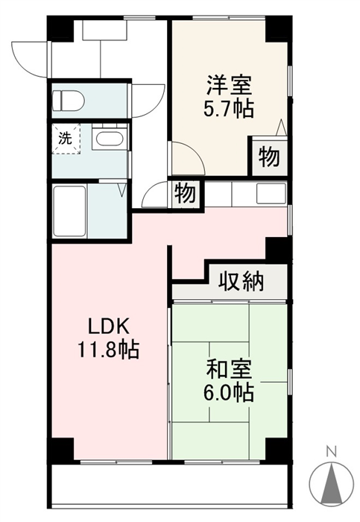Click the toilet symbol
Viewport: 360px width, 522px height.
click(69, 100)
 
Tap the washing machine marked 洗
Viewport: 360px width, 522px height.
click(66, 139)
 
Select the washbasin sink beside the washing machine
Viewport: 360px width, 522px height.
click(109, 138)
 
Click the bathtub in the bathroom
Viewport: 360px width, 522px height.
click(69, 211)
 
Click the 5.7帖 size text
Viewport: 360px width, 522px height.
click(229, 109)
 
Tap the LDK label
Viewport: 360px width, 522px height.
click(109, 327)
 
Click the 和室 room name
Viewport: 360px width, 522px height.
click(230, 369)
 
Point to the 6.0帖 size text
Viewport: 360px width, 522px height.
click(230, 393)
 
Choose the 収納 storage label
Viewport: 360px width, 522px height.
click(241, 282)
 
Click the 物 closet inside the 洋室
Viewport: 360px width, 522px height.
click(270, 157)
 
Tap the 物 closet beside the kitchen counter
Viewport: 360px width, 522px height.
click(186, 193)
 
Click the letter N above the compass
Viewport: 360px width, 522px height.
click(332, 452)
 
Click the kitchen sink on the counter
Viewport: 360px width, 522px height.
click(271, 193)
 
